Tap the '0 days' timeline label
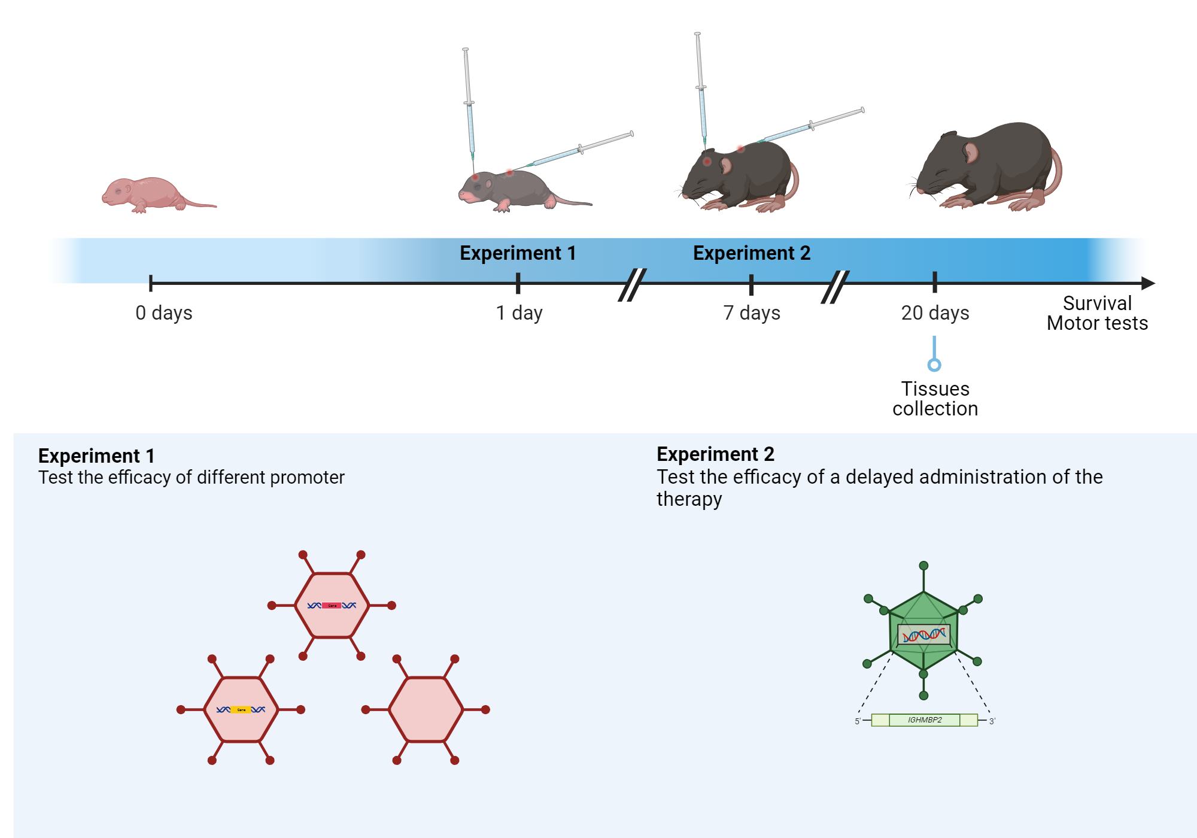[163, 313]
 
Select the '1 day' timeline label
[519, 313]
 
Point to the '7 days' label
[751, 313]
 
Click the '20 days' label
[935, 313]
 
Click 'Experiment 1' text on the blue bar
[518, 253]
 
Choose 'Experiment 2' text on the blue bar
[751, 253]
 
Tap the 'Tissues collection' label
[935, 399]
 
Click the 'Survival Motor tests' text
[1096, 313]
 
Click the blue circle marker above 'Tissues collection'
[934, 365]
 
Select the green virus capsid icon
[923, 631]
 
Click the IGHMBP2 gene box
[924, 720]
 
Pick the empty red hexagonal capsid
[426, 709]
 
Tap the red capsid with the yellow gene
[241, 709]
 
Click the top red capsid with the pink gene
[332, 605]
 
